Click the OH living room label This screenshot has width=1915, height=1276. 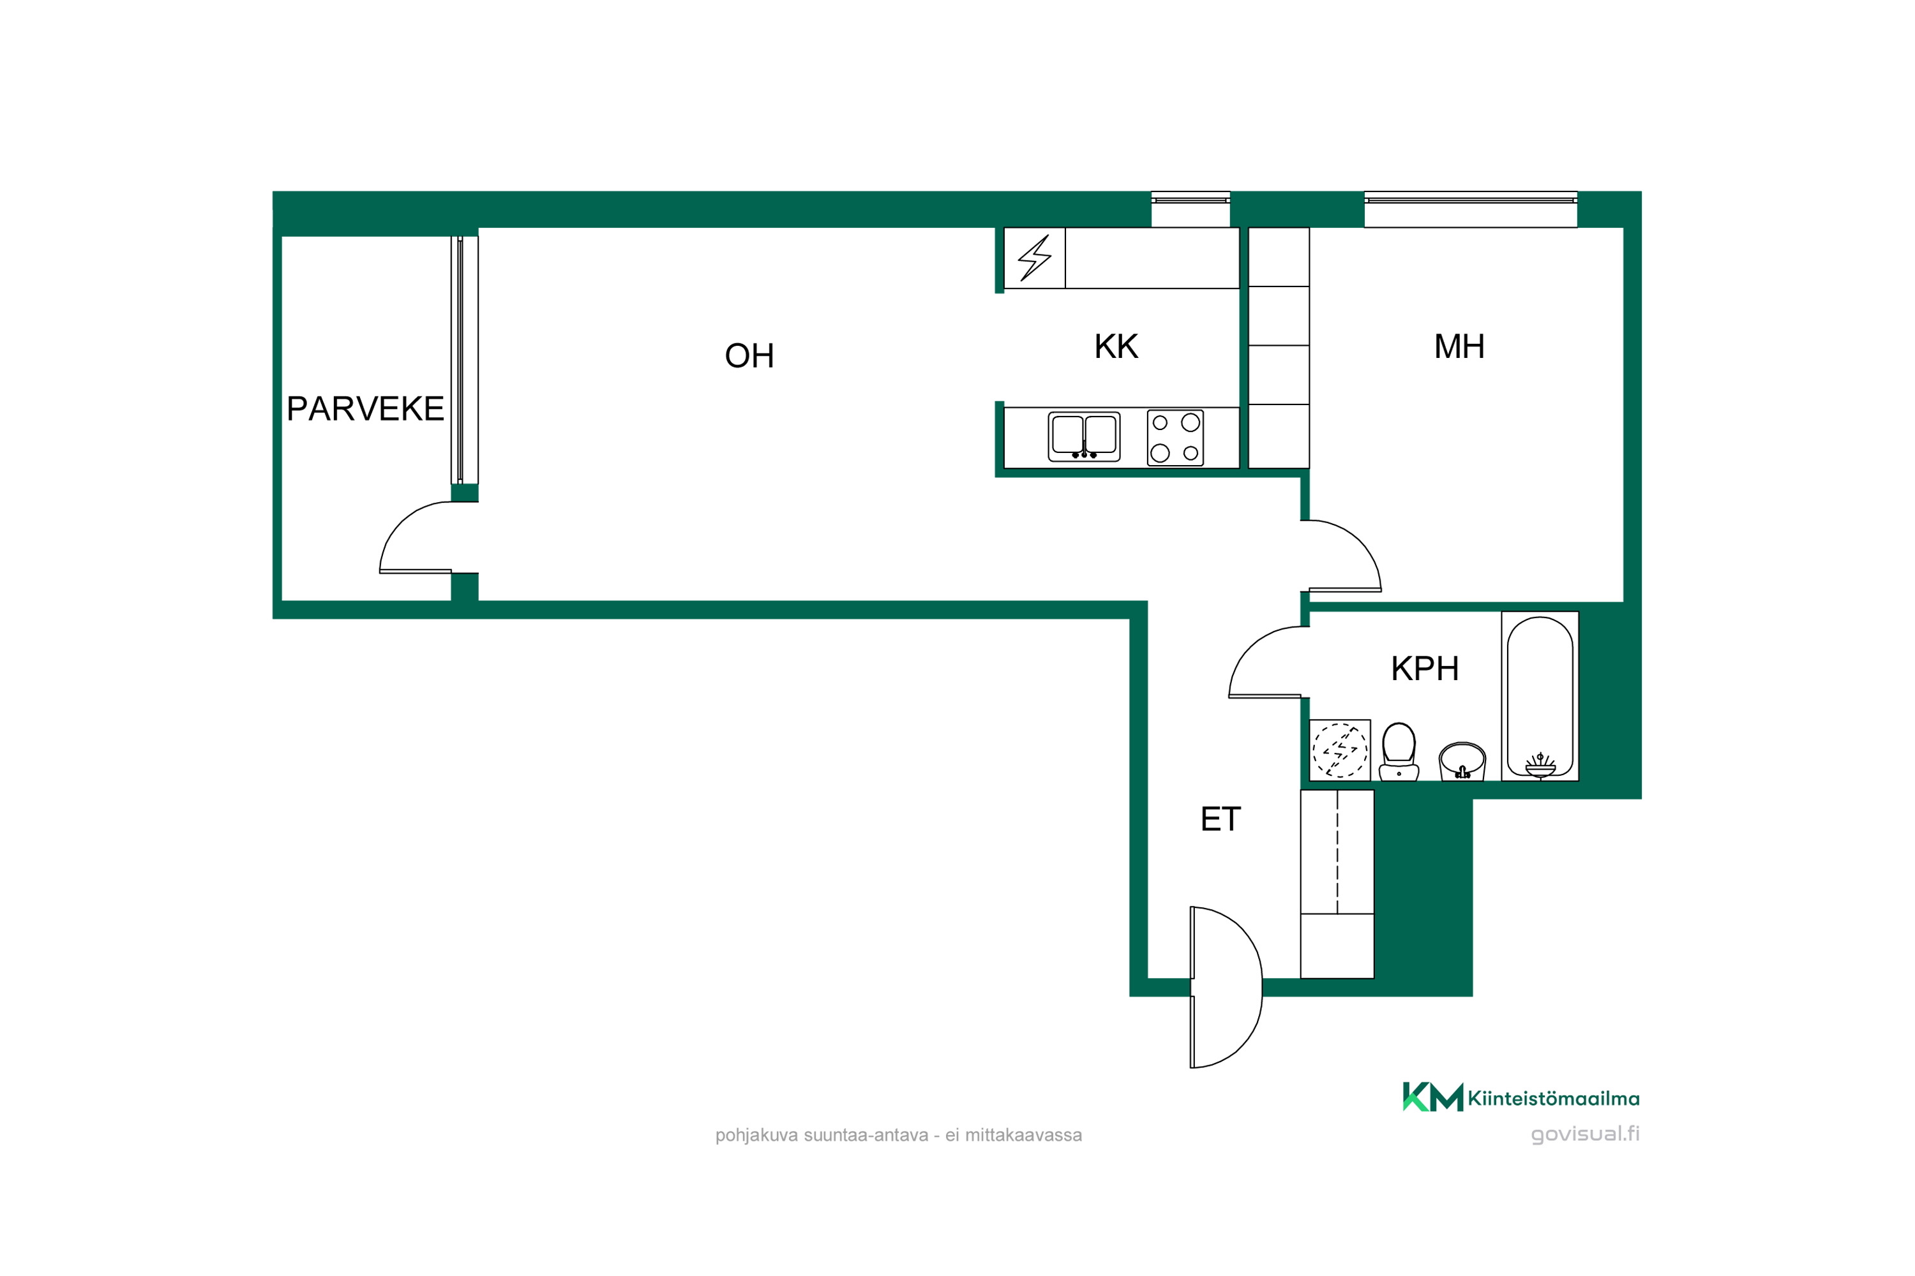click(x=749, y=355)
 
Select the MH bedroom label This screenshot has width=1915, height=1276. click(x=1459, y=346)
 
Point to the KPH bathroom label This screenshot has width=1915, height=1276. click(x=1425, y=669)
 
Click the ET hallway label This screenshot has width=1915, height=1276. click(x=1220, y=819)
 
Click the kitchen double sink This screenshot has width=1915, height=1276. click(x=1084, y=436)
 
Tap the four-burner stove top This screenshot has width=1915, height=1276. click(x=1175, y=438)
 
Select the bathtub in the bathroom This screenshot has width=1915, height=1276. click(x=1540, y=697)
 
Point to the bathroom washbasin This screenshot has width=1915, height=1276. click(x=1462, y=761)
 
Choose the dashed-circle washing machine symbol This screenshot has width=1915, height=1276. click(x=1339, y=750)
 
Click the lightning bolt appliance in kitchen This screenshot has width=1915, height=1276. click(x=1035, y=258)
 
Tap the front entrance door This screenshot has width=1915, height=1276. click(x=1226, y=987)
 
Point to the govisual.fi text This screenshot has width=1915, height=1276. click(x=1584, y=1134)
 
